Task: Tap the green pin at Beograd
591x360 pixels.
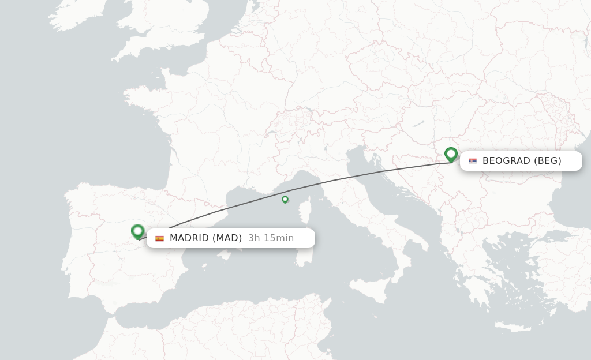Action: (451, 154)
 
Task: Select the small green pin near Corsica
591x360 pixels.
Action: (285, 199)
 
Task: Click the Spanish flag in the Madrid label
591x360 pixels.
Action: (159, 238)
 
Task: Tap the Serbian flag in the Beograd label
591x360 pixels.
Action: (473, 161)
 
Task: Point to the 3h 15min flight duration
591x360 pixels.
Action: (271, 238)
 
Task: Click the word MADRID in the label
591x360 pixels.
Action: (189, 238)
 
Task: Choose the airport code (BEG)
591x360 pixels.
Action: (547, 161)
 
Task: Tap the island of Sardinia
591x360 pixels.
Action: (301, 248)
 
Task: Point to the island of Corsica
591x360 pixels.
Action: (312, 211)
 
